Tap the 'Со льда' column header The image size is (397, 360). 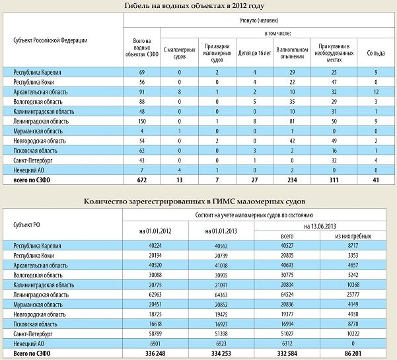coord(375,51)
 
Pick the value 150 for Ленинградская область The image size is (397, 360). coord(141,122)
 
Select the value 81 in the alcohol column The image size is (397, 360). coord(291,122)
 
